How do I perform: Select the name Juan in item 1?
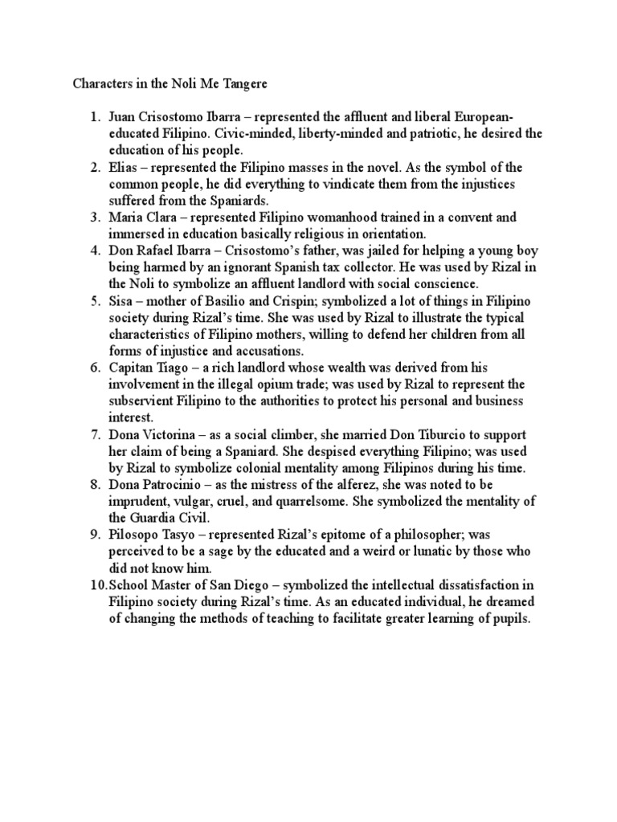(121, 117)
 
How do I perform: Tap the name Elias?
(123, 167)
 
